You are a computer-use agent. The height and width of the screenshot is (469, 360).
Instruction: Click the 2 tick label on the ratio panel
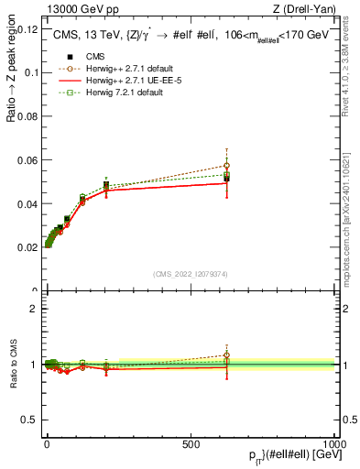tap(34, 309)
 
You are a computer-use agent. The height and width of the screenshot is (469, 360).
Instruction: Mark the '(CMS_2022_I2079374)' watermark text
tap(191, 275)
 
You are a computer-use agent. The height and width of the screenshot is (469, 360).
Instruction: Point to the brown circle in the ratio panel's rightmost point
tap(226, 355)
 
